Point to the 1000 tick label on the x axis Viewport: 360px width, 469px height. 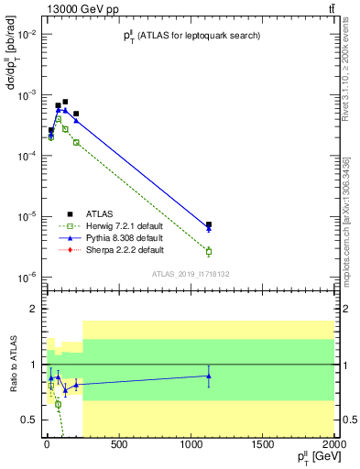coord(190,446)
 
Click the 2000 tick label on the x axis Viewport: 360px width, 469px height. coord(334,446)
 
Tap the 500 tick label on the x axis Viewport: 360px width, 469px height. coord(118,446)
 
